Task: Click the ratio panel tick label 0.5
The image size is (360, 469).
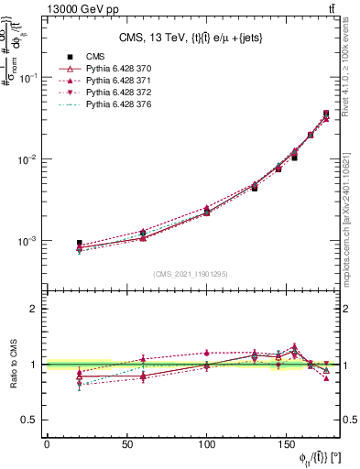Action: pyautogui.click(x=29, y=420)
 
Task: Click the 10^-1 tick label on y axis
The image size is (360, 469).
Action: pyautogui.click(x=27, y=78)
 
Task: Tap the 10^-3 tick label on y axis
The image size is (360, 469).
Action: pyautogui.click(x=27, y=241)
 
